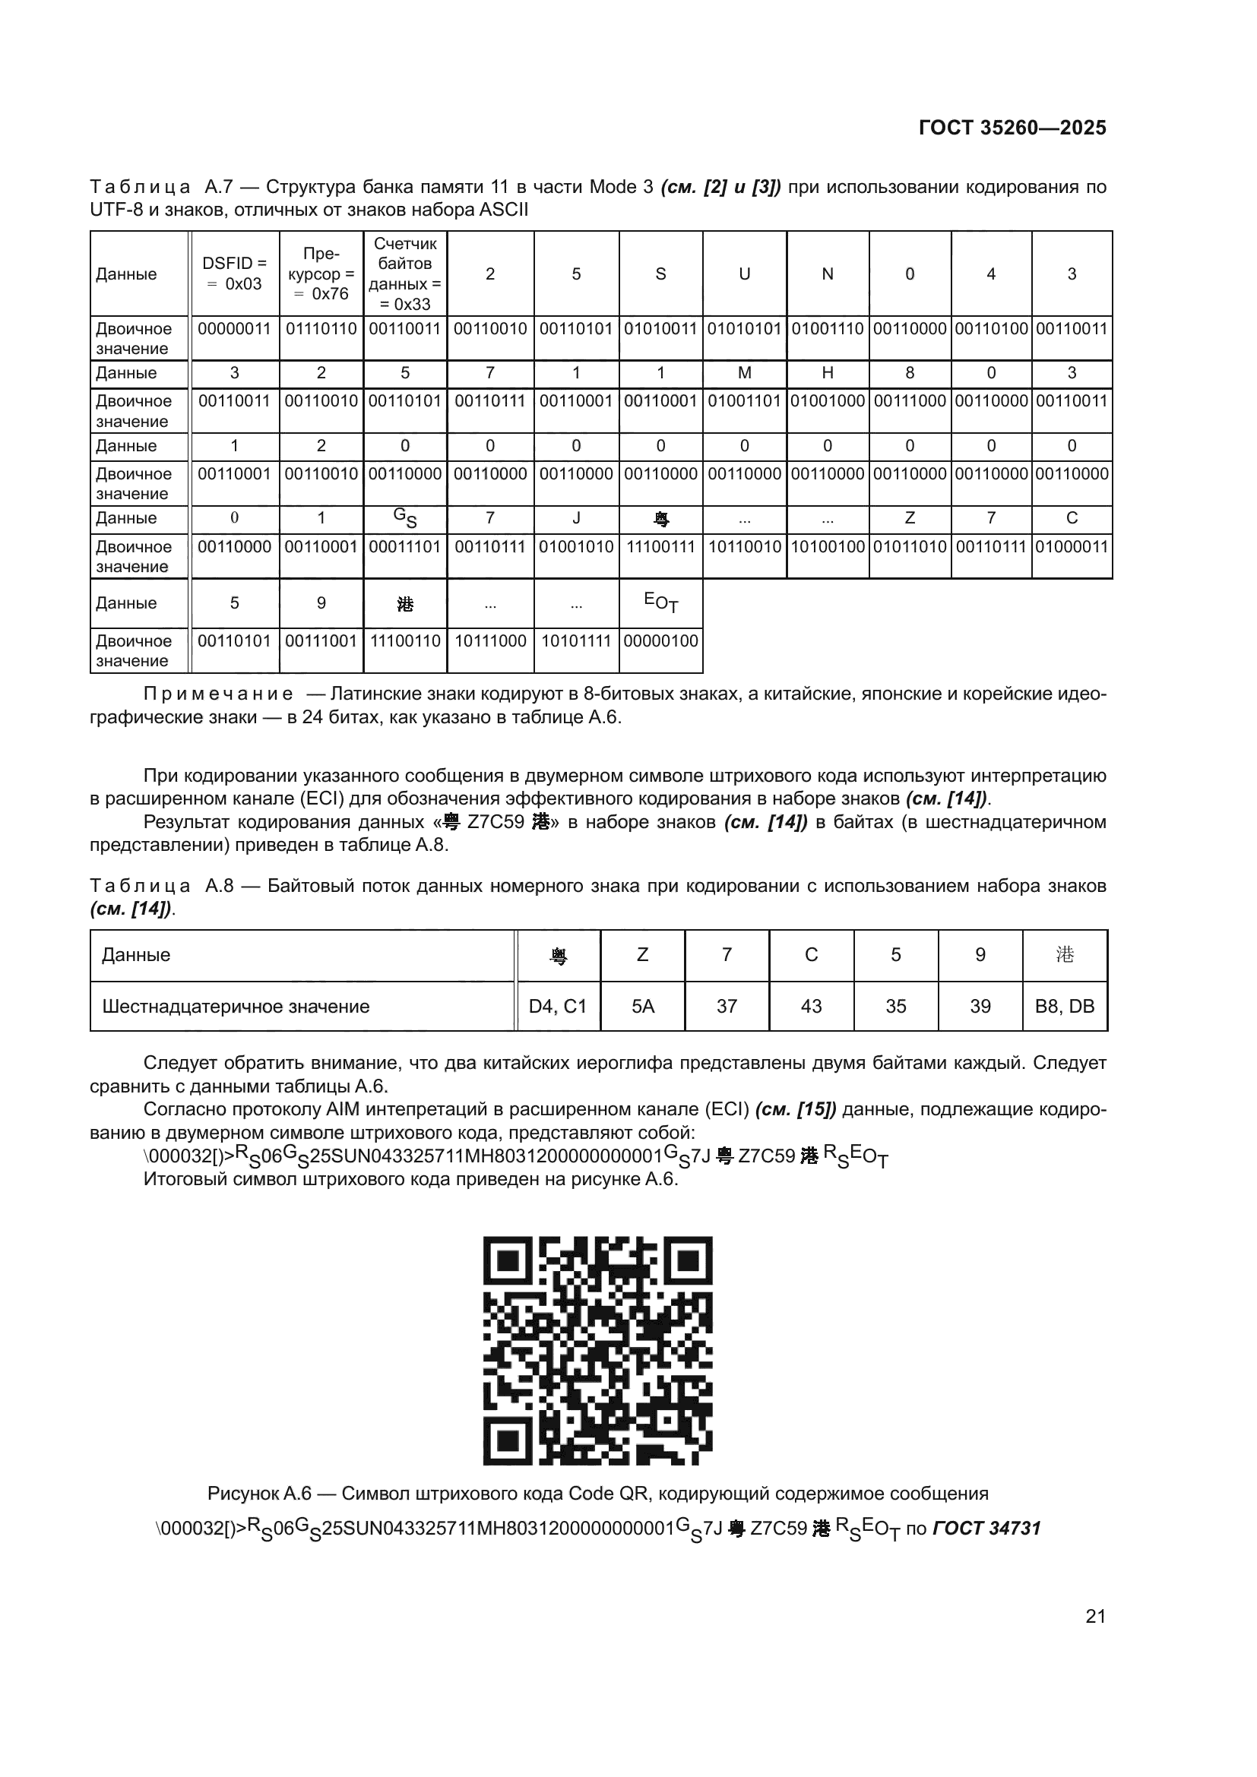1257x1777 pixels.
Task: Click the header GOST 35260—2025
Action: coord(1012,128)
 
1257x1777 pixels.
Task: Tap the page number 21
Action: coord(1095,1616)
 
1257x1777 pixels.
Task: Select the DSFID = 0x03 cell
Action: coord(234,274)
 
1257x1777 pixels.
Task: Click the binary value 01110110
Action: coord(321,329)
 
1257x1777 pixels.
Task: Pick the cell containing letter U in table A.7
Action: coord(744,274)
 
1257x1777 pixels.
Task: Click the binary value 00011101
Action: coord(405,546)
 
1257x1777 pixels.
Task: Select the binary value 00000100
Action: coord(661,641)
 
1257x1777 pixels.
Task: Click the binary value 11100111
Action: coord(661,546)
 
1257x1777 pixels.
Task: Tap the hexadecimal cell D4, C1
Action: coord(557,1006)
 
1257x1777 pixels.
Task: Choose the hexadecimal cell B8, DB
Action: coord(1064,1006)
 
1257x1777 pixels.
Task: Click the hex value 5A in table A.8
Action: coord(642,1006)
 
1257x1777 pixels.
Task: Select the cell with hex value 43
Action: coord(810,1006)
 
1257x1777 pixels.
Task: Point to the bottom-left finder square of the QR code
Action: coord(508,1440)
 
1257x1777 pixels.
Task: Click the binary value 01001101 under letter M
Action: coord(744,401)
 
